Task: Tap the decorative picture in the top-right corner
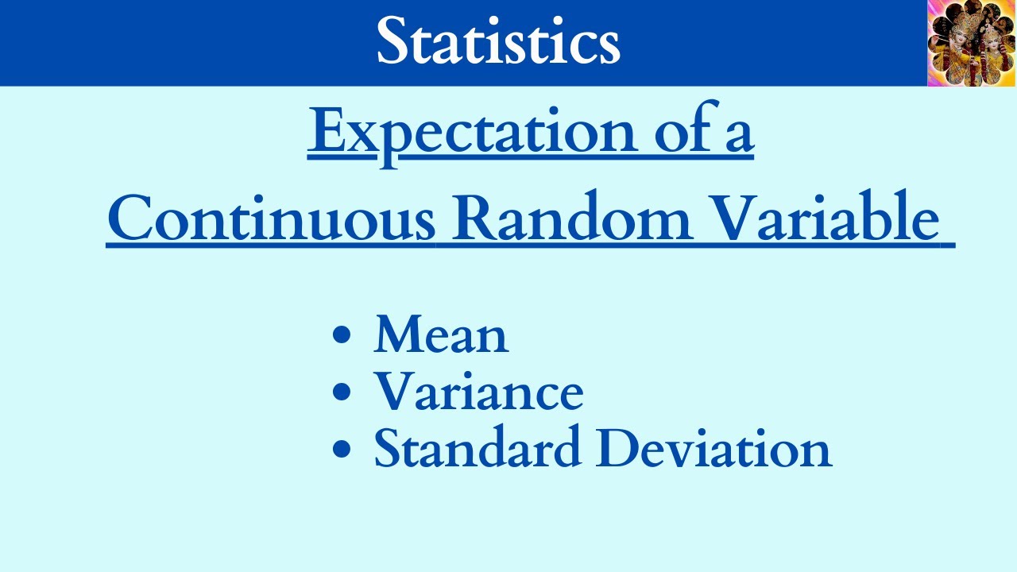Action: [x=971, y=43]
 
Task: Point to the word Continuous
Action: [x=271, y=218]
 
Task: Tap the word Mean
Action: [x=441, y=334]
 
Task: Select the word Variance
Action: [x=478, y=391]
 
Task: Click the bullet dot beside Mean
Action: [x=342, y=335]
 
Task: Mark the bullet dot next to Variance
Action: [x=342, y=392]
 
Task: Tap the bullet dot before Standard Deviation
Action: [x=342, y=448]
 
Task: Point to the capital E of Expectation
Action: [x=327, y=130]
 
